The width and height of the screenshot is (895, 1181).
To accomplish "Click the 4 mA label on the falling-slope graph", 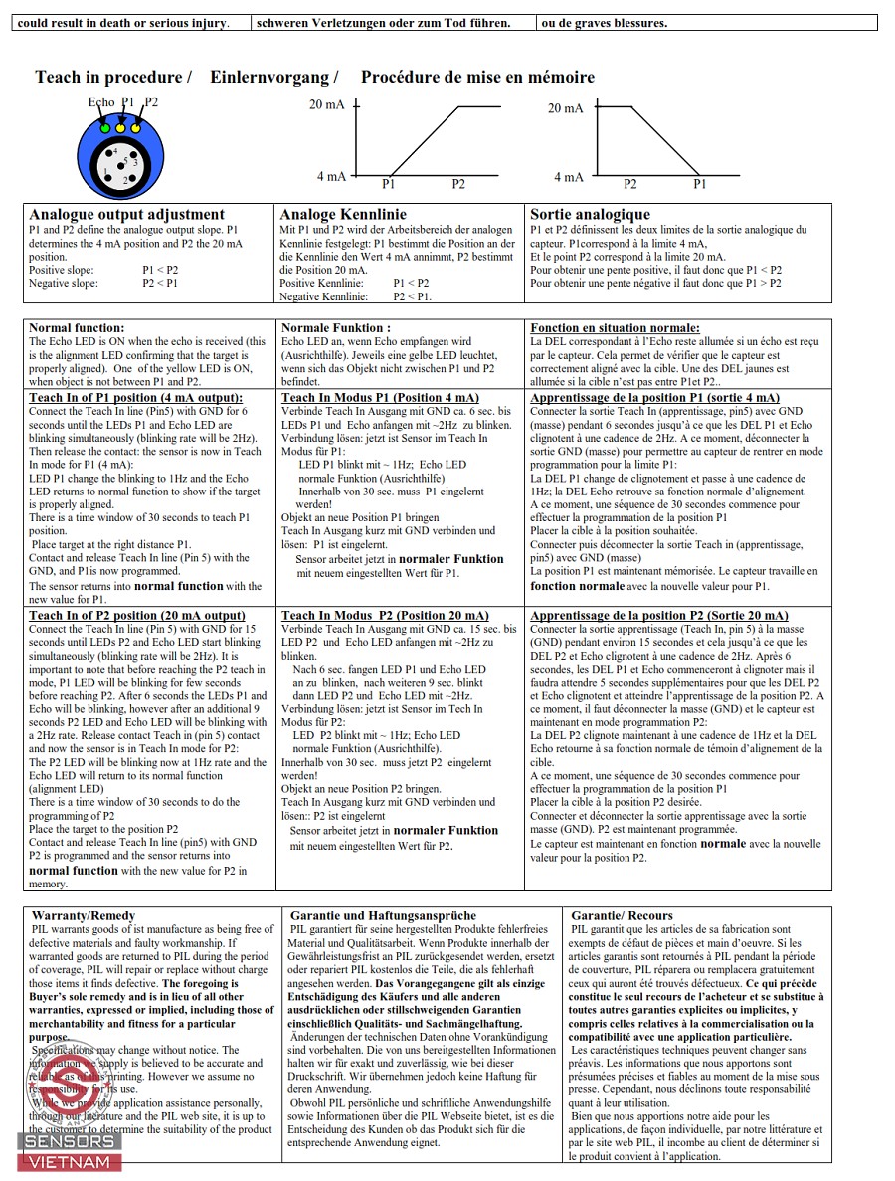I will click(569, 177).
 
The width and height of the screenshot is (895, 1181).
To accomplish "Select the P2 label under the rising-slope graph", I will click(458, 184).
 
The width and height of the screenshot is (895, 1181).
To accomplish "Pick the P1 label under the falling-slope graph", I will click(699, 184).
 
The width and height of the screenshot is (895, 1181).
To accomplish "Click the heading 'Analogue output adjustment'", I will click(127, 214).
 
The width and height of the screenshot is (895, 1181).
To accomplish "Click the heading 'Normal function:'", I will click(77, 327).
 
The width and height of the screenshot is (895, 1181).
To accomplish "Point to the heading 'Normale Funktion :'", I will click(336, 327).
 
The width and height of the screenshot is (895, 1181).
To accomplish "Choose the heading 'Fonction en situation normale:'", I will click(615, 327).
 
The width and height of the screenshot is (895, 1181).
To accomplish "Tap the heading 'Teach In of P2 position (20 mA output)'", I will click(136, 615).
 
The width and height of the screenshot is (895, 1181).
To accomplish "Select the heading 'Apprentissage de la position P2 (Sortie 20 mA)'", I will click(658, 615).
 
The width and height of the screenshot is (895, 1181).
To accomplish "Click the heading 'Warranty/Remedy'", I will click(84, 915).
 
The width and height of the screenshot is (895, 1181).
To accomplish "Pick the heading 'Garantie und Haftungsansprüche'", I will click(383, 915).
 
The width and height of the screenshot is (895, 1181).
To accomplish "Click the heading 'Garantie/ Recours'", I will click(622, 915).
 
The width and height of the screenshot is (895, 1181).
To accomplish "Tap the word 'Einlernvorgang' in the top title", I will click(273, 77).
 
